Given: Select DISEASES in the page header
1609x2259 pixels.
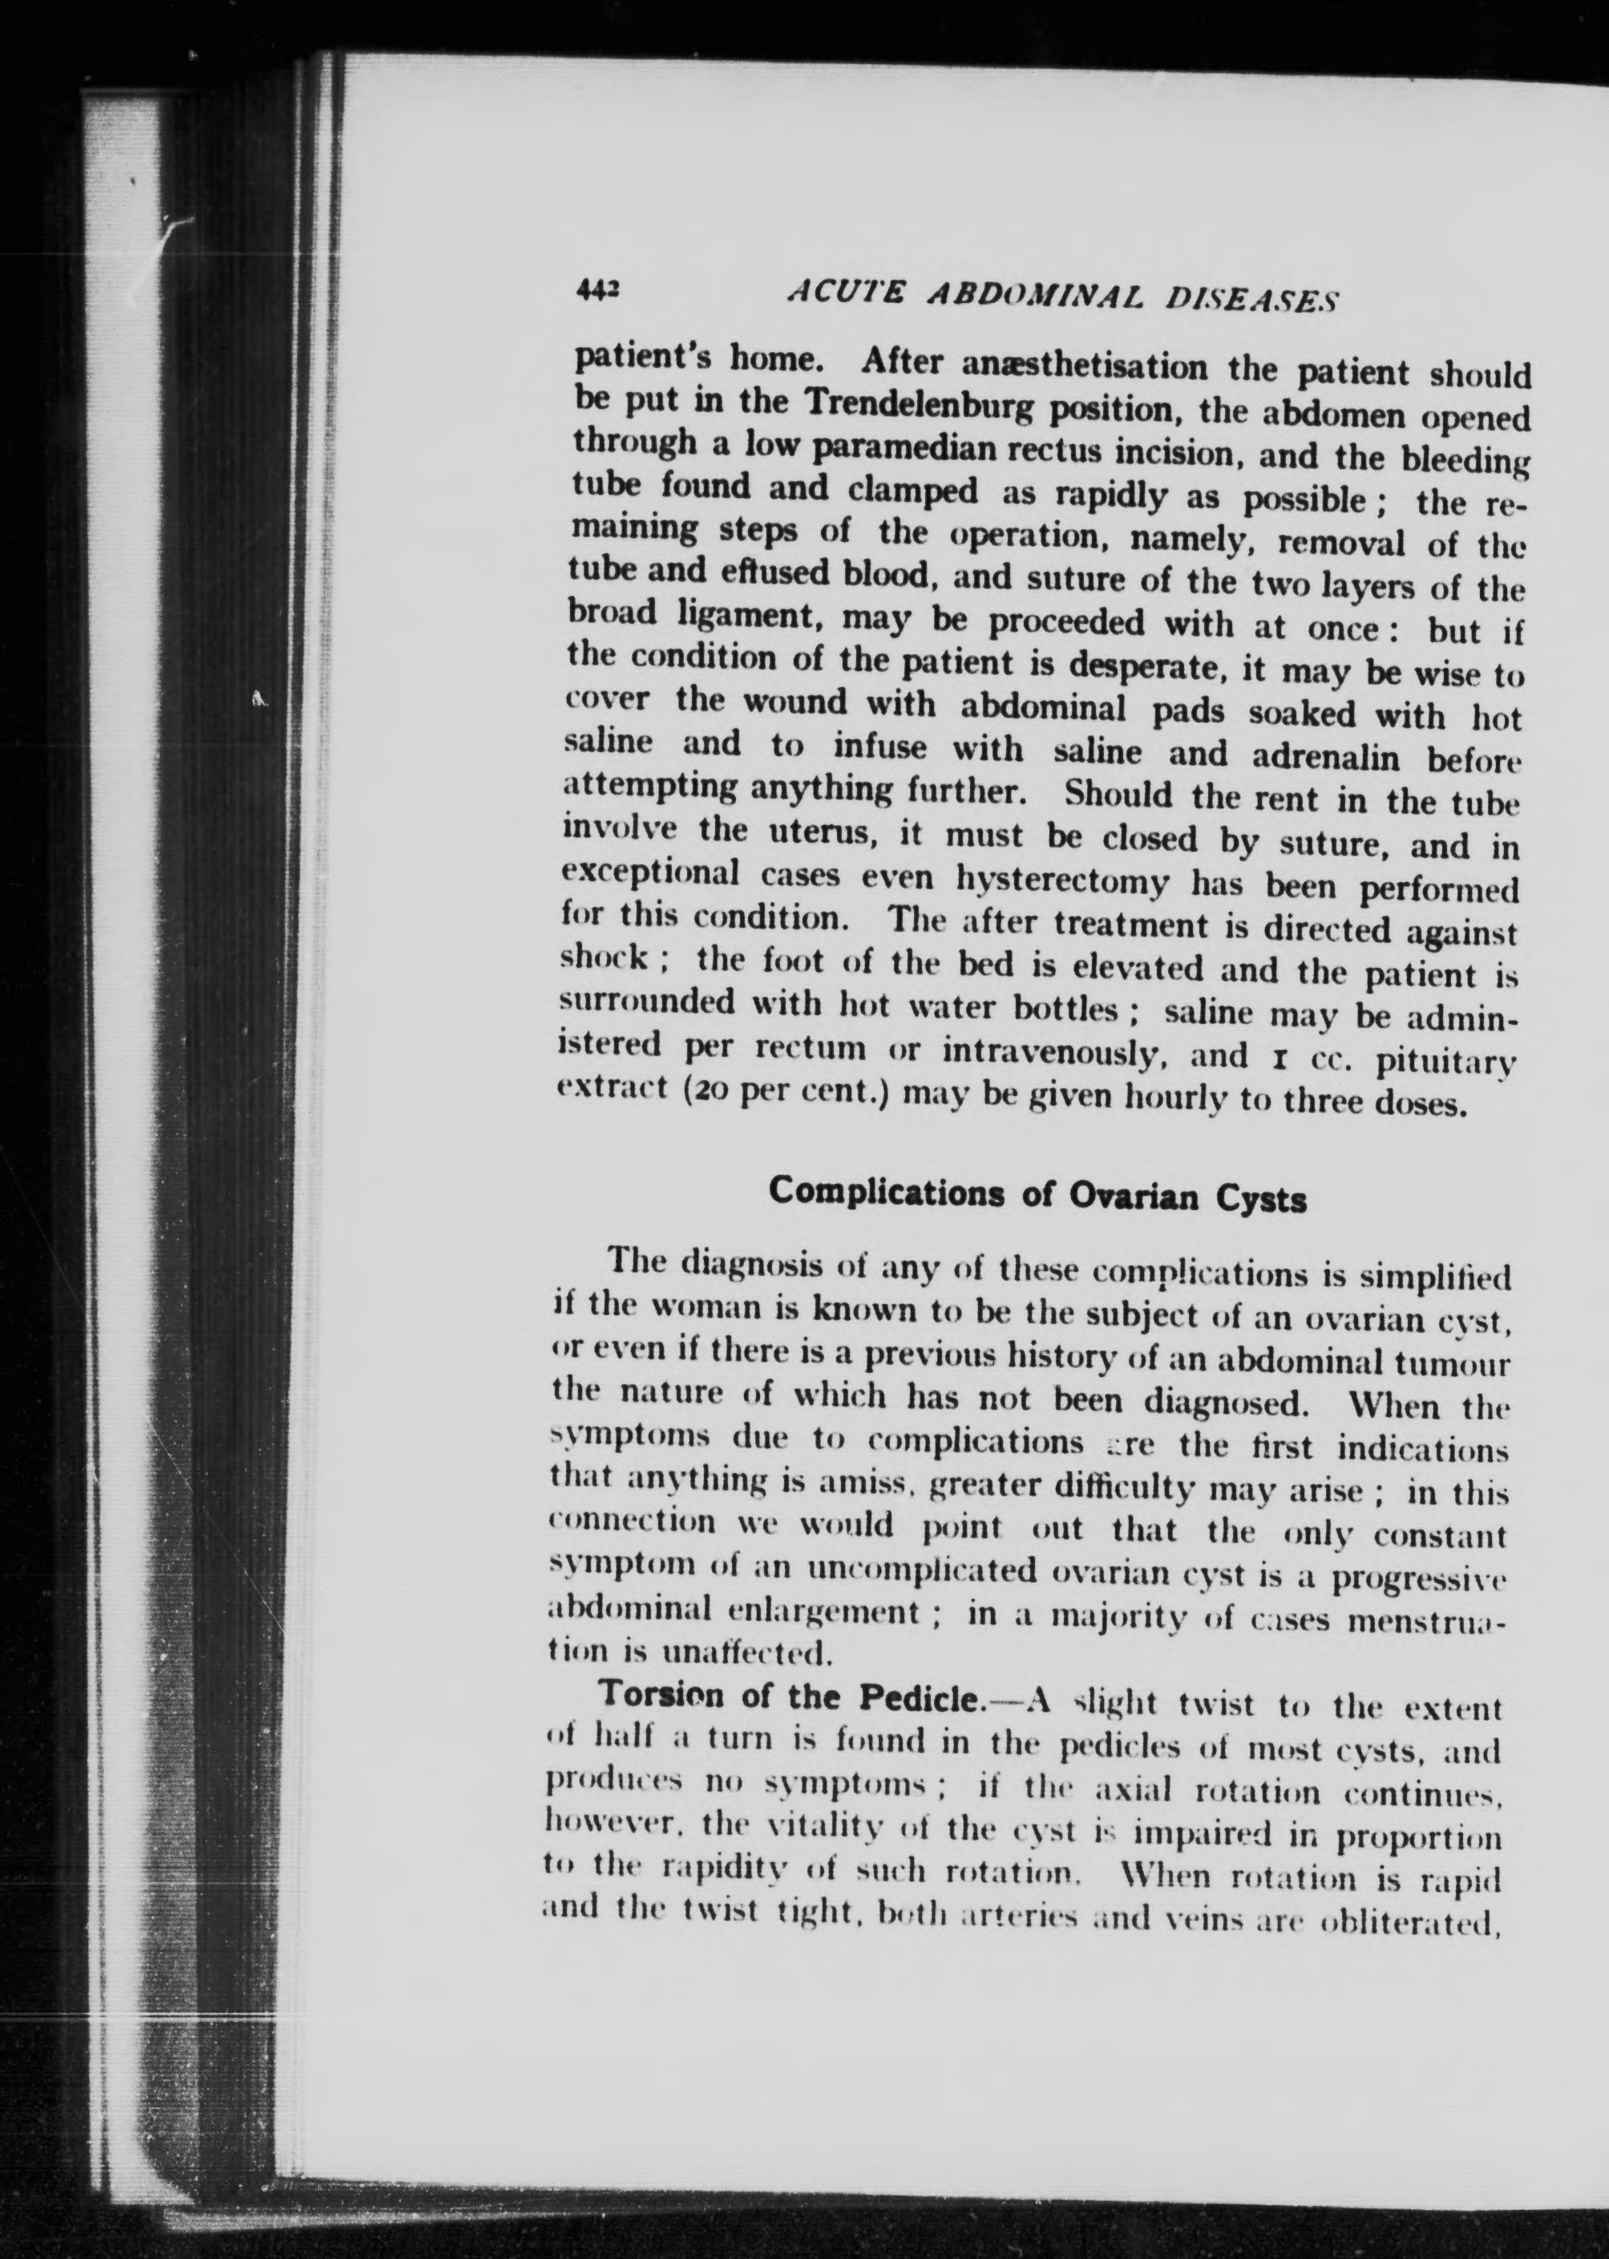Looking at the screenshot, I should click(x=1251, y=298).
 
